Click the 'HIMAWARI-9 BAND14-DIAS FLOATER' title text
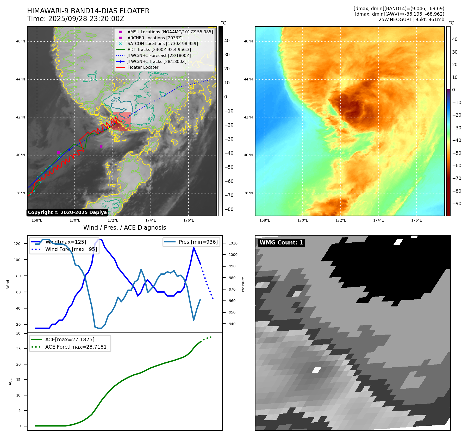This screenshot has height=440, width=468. click(88, 11)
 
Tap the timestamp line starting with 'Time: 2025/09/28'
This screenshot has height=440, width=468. click(76, 19)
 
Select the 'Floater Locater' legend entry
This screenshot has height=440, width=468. click(143, 67)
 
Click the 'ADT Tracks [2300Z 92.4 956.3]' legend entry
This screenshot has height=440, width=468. click(159, 49)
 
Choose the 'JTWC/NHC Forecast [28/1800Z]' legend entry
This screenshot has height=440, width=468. click(159, 55)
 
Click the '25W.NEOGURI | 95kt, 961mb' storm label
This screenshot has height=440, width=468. click(411, 20)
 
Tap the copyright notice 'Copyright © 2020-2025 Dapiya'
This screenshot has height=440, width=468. click(67, 212)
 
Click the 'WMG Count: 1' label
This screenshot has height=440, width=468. click(281, 243)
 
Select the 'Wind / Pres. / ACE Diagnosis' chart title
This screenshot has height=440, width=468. click(124, 228)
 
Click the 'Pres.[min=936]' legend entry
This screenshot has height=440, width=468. click(198, 242)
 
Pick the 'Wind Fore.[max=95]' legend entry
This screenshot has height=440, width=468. click(71, 249)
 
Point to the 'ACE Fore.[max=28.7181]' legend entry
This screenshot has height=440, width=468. click(77, 347)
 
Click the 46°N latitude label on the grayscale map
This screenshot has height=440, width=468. click(21, 41)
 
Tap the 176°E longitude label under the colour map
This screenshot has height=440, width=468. click(416, 220)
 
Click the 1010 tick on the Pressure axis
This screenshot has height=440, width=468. click(233, 243)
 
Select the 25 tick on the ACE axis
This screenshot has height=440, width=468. click(18, 349)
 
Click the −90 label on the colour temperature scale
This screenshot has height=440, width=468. click(457, 204)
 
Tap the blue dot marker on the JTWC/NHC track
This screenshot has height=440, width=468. click(69, 149)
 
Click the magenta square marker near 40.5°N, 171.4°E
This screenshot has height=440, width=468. click(101, 146)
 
